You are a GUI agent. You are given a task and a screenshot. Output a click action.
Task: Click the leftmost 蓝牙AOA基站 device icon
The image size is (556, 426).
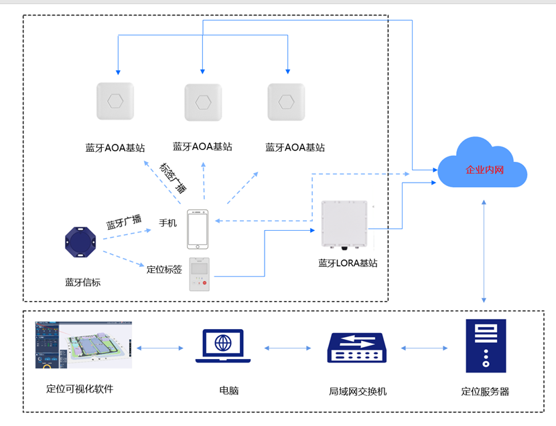coord(115,101)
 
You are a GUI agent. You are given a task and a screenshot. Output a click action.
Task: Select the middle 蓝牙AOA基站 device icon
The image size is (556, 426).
coord(203,102)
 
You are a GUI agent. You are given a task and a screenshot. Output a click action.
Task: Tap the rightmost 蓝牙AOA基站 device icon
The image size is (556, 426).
coord(286,102)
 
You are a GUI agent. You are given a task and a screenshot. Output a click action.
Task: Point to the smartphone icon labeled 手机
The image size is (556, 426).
coord(197,229)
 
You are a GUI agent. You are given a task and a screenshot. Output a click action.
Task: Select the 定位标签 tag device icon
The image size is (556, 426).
coord(199,274)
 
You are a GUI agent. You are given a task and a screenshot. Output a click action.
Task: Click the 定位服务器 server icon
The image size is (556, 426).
coord(485,346)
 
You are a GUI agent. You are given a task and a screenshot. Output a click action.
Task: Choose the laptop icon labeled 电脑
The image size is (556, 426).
coord(223,347)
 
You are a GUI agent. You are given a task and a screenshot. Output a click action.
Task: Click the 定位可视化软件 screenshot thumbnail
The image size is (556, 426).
coord(84,344)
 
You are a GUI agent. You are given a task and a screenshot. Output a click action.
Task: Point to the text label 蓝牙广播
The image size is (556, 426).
coord(123,221)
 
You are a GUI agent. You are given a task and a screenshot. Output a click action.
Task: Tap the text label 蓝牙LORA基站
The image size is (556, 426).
coord(348,263)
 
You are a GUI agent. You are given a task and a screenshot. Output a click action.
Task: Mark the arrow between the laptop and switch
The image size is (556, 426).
coord(288,348)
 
